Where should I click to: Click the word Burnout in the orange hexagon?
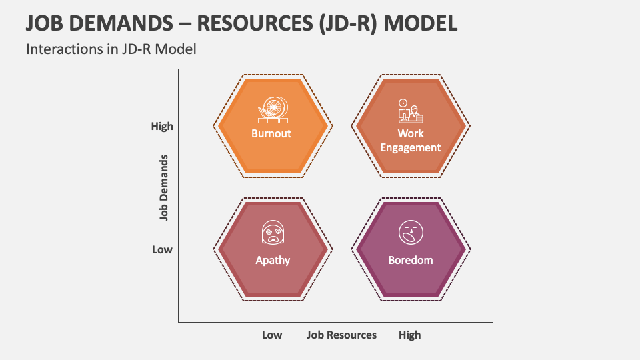pos(271,133)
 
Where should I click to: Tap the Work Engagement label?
pos(411,141)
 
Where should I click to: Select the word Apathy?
pos(273,260)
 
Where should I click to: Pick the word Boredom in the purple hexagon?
pos(411,260)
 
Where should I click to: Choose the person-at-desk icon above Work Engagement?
pos(410,111)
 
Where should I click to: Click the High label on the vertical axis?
pos(162,126)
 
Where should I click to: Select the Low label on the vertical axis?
pos(162,249)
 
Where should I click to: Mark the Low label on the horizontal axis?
pos(271,335)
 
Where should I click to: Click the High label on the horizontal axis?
pos(409,335)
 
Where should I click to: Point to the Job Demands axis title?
pos(163,187)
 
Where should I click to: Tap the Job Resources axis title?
pos(341,335)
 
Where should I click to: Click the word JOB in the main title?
pos(45,23)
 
